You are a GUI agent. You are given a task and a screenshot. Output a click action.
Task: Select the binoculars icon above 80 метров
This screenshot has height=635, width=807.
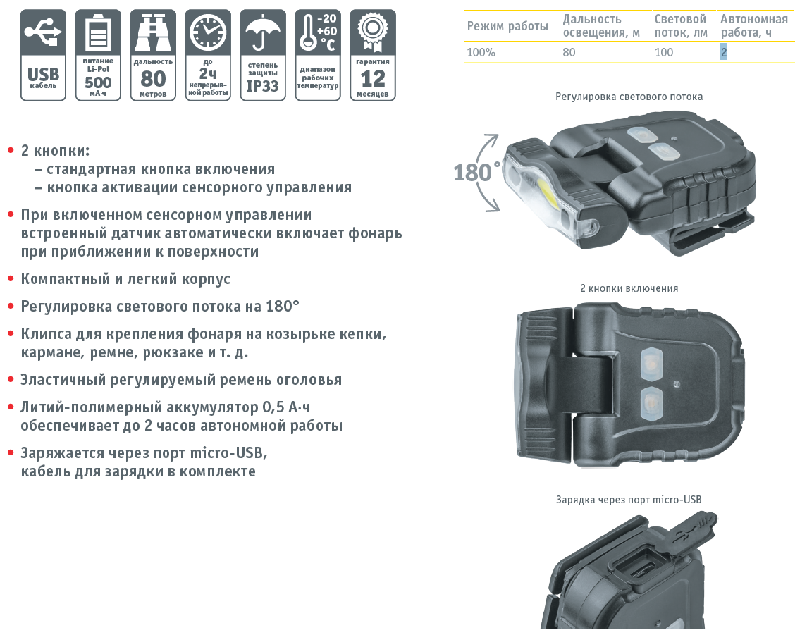pyautogui.click(x=153, y=32)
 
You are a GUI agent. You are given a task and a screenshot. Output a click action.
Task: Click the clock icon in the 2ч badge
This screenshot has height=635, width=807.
pyautogui.click(x=208, y=32)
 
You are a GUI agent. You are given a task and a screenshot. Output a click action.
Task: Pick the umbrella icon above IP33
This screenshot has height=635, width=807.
pyautogui.click(x=262, y=32)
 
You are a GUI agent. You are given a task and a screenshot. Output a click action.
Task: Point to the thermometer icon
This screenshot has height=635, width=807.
pyautogui.click(x=308, y=32)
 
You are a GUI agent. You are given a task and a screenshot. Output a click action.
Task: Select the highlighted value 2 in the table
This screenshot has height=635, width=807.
pyautogui.click(x=724, y=52)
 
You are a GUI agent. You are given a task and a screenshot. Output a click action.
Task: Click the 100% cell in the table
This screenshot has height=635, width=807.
pyautogui.click(x=481, y=52)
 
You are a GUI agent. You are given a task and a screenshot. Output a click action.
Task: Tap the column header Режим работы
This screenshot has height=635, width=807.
pyautogui.click(x=507, y=26)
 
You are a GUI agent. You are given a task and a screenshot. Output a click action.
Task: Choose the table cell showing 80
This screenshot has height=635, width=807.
pyautogui.click(x=569, y=52)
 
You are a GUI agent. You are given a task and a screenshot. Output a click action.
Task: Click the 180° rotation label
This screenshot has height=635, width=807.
pyautogui.click(x=476, y=172)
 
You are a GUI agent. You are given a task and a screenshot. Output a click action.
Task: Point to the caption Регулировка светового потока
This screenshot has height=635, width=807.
pyautogui.click(x=629, y=97)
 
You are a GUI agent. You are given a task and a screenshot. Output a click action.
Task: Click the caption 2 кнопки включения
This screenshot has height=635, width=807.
pyautogui.click(x=629, y=288)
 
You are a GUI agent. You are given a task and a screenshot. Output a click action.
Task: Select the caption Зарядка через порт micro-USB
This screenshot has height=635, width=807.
pyautogui.click(x=629, y=499)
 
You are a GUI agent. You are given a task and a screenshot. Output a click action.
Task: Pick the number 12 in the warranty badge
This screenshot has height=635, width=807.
pyautogui.click(x=373, y=79)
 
